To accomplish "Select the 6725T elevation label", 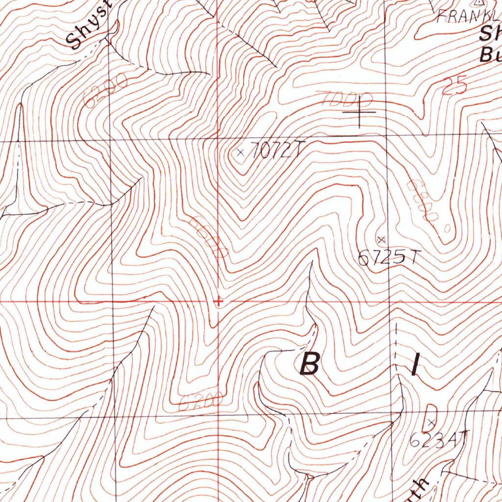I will pyautogui.click(x=389, y=257).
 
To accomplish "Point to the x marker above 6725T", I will pyautogui.click(x=381, y=239).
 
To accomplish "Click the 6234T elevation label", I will pyautogui.click(x=439, y=439).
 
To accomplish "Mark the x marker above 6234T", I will pyautogui.click(x=431, y=422).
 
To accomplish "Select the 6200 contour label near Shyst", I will pyautogui.click(x=105, y=90).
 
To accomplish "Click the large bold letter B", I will pyautogui.click(x=310, y=364).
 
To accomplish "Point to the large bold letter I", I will pyautogui.click(x=415, y=365).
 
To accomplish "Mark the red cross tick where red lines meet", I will pyautogui.click(x=219, y=301).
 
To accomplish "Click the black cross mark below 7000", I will pyautogui.click(x=359, y=112).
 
